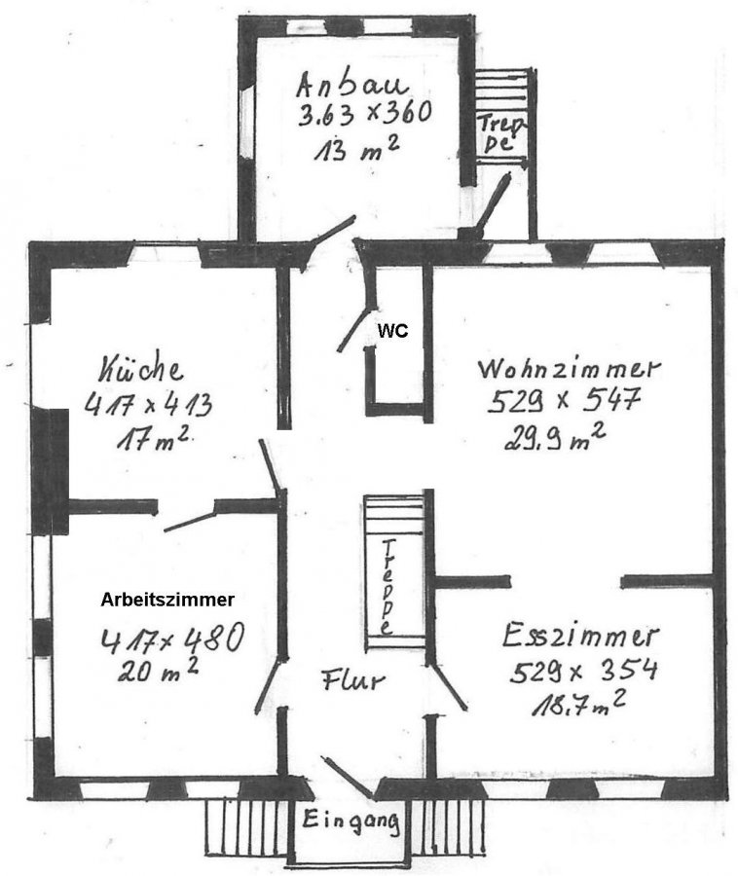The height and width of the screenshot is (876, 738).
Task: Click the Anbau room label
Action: point(351,85)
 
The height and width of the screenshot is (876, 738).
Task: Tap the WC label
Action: point(392,331)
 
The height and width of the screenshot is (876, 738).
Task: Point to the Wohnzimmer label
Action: point(569,369)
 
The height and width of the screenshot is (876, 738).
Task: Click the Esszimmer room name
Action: point(581,636)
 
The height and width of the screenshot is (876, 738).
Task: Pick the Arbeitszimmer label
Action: point(167,600)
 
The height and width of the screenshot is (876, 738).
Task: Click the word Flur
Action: point(353,679)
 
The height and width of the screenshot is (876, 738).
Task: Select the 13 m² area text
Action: point(356,149)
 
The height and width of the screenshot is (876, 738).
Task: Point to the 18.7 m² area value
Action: point(578,703)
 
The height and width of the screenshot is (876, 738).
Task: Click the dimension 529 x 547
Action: point(564,401)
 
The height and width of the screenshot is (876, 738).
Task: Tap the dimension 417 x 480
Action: point(172,638)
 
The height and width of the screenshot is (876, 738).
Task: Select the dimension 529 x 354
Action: point(583,670)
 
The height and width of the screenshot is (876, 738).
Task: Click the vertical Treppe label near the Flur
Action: point(387,587)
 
